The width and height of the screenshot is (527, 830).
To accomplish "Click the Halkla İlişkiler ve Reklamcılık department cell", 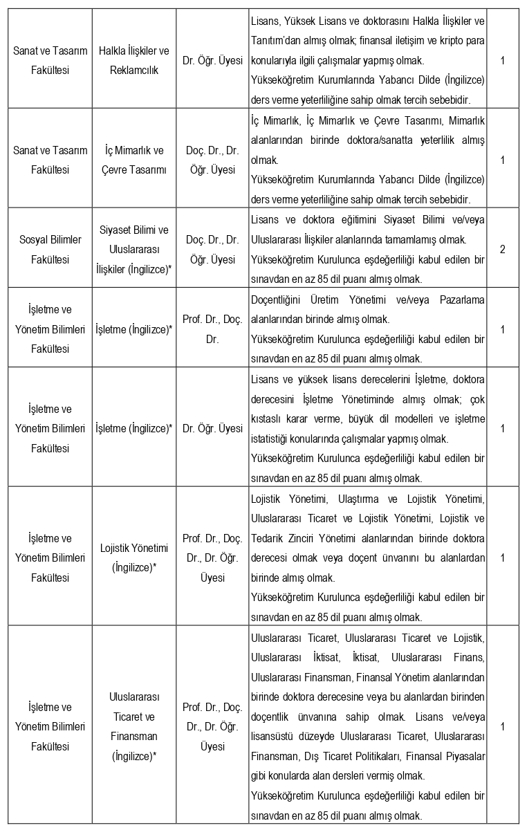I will tap(134, 61).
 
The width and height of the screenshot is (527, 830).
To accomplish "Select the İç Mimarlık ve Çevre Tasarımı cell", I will tap(134, 160).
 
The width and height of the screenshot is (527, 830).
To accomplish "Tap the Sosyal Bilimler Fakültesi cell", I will tap(50, 249).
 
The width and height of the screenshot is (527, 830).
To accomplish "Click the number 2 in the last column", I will tap(502, 249).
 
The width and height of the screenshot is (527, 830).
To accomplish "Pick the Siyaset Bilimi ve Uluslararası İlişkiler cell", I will tap(134, 249).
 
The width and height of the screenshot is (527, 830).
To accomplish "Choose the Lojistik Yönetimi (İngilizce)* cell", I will tap(134, 557).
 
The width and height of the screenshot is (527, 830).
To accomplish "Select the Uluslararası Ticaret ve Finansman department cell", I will tap(134, 726).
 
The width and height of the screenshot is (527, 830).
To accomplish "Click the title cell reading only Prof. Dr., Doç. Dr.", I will tap(212, 329).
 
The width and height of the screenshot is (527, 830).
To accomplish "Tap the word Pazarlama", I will tap(462, 299).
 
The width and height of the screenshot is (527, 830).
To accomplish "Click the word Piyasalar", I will tap(463, 756).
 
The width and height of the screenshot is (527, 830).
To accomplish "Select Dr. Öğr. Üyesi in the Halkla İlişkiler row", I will tap(212, 61).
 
